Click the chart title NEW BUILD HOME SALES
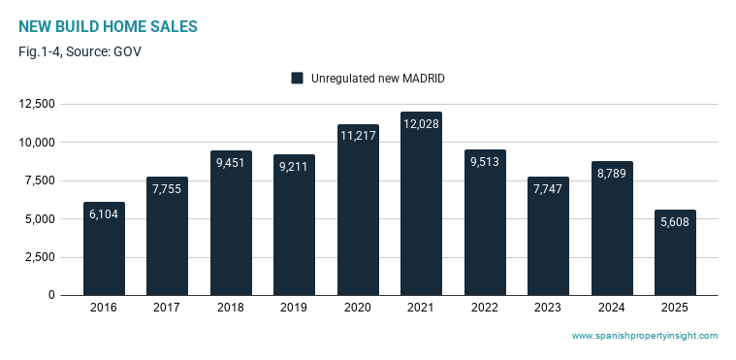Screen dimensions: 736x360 click(x=108, y=27)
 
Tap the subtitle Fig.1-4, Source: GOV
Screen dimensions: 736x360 click(x=80, y=51)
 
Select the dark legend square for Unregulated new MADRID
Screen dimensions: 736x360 click(x=297, y=79)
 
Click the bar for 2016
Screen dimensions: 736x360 click(x=104, y=248)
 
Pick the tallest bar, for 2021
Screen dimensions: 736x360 click(x=422, y=204)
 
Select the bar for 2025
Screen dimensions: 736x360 click(x=675, y=252)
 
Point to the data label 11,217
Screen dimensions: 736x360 click(x=358, y=136)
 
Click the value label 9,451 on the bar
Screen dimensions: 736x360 click(x=231, y=163)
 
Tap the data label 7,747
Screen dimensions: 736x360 click(x=548, y=189)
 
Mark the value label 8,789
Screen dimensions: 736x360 click(x=612, y=173)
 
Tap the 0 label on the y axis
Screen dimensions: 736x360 click(x=51, y=295)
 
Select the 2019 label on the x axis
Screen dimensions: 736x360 click(x=295, y=308)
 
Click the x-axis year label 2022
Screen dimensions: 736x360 click(x=485, y=308)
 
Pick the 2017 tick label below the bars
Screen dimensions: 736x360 click(x=167, y=308)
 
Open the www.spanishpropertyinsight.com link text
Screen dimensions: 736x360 click(x=645, y=336)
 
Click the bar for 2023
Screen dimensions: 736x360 click(x=548, y=236)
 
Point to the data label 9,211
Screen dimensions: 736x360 click(x=295, y=166)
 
